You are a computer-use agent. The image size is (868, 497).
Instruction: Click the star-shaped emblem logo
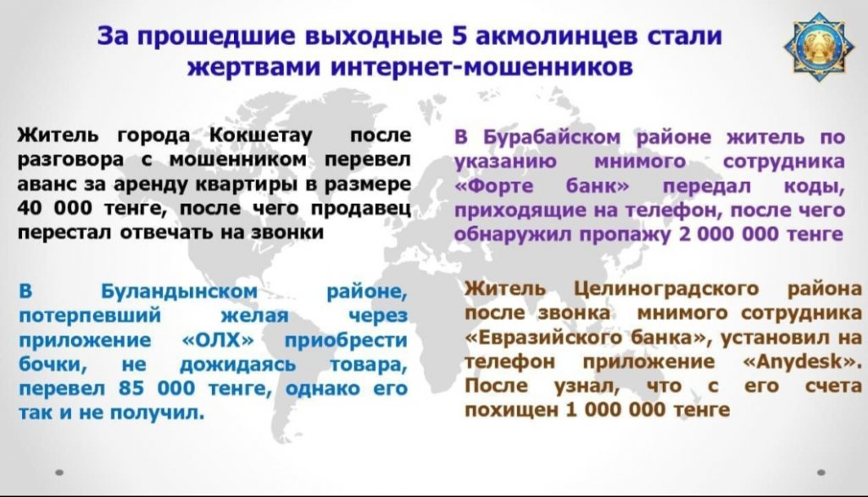point(818,47)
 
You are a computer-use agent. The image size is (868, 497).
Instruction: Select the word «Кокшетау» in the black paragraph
point(261,135)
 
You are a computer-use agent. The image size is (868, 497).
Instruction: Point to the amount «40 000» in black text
point(55,208)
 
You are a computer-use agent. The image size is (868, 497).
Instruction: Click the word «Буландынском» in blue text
point(180,291)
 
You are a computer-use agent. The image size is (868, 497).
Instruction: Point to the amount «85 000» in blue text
point(157,389)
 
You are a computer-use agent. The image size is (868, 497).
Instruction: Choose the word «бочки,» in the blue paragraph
point(53,365)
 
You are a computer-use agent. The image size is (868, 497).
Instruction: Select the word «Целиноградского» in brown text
point(666,289)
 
